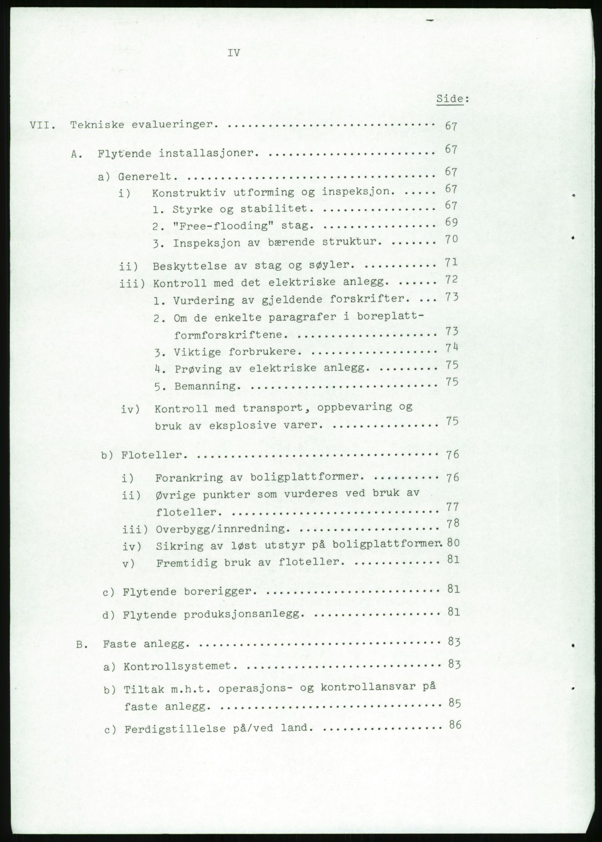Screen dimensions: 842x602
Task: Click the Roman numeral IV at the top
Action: click(x=233, y=53)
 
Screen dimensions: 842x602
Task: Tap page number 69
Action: click(x=451, y=222)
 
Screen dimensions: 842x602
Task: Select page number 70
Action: click(x=451, y=239)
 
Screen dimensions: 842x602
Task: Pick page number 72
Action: click(x=452, y=280)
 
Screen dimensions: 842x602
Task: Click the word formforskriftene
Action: click(x=229, y=335)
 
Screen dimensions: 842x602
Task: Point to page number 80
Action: click(x=453, y=543)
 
